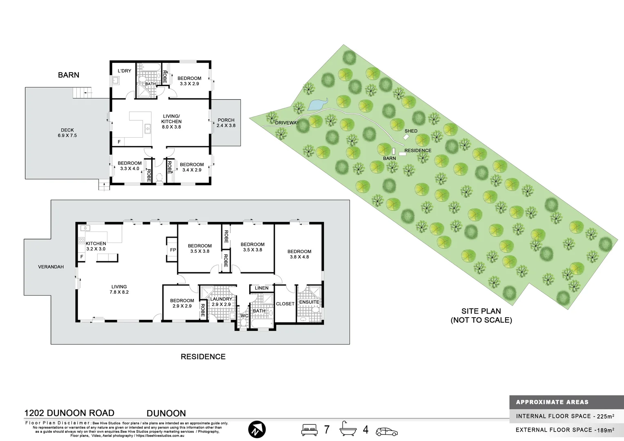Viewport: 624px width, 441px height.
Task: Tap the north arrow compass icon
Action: coord(257,430)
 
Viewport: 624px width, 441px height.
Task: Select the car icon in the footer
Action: coord(387,431)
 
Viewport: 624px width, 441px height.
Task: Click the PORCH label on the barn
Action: coord(226,120)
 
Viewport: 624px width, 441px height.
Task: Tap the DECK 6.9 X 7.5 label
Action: coord(67,133)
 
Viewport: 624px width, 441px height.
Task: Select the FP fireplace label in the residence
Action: coord(173,250)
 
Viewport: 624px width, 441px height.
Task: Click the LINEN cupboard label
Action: coord(261,288)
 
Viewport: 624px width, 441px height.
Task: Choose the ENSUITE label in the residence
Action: coord(309,302)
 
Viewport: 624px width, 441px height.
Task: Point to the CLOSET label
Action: coord(285,304)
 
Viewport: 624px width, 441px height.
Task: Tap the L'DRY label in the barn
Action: coord(125,71)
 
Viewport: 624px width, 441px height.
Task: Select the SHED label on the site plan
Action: coord(411,131)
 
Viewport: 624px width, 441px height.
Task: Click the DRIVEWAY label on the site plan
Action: coord(287,122)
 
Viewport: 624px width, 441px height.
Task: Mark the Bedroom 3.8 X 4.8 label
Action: coord(299,254)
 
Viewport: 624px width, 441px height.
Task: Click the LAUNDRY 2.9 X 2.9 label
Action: coord(221,301)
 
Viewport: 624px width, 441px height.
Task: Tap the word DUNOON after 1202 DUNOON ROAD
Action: coord(166,413)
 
